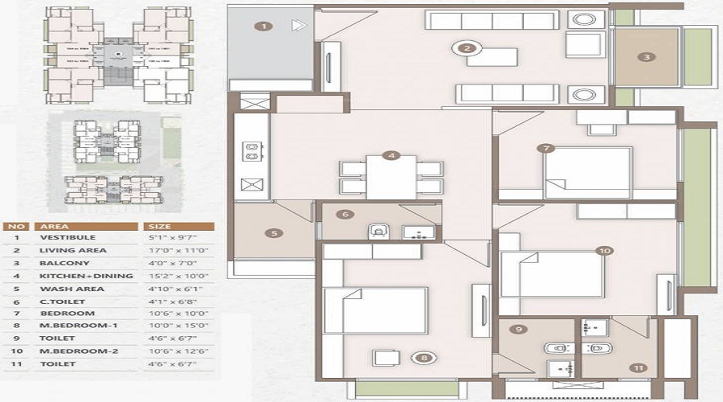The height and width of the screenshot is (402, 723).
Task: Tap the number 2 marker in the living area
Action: point(466,47)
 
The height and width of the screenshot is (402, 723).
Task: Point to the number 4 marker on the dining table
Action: point(390,155)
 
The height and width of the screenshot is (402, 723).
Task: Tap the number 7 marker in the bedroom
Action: point(546,148)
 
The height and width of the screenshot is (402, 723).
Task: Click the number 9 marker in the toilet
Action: point(520,329)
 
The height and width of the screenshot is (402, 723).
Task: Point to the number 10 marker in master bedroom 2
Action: point(604,251)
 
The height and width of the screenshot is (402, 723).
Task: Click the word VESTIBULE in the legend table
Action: point(67,238)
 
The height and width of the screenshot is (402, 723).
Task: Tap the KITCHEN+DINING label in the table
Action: point(86,277)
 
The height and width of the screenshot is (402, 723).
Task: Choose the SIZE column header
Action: point(157,226)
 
